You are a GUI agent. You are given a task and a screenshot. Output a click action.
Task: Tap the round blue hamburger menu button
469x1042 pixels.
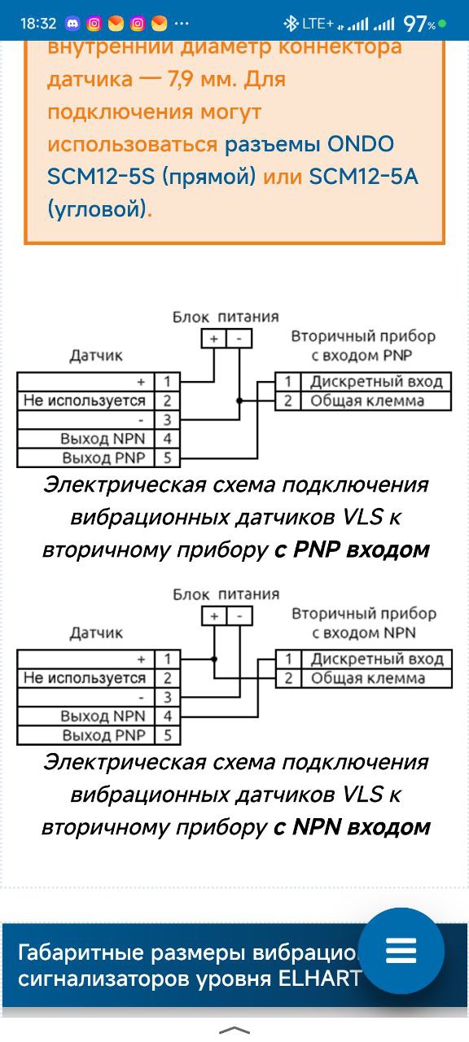tap(401, 951)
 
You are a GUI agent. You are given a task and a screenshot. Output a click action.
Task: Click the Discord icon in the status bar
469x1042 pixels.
tap(72, 24)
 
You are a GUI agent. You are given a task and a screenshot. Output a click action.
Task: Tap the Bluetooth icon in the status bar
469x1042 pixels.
tap(291, 24)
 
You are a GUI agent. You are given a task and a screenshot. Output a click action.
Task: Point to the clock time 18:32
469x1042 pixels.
tap(38, 24)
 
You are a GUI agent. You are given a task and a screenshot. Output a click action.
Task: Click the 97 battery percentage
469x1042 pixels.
tap(415, 24)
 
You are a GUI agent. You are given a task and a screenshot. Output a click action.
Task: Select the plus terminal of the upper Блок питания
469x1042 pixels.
tap(214, 339)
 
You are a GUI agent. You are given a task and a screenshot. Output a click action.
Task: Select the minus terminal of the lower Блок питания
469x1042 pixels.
tap(239, 616)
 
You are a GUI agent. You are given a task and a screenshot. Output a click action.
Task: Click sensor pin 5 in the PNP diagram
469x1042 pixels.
tap(168, 458)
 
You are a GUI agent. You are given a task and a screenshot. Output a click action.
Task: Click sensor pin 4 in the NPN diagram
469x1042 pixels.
tap(168, 716)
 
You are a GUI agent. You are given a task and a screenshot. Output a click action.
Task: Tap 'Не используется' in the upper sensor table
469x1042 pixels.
tap(85, 401)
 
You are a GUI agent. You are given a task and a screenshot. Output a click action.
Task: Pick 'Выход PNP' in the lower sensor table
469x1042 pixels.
tap(103, 735)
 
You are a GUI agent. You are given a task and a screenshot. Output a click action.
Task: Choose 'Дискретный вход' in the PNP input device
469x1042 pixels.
tap(376, 382)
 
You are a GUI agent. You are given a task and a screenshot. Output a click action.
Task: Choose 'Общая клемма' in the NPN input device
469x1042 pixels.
tap(367, 678)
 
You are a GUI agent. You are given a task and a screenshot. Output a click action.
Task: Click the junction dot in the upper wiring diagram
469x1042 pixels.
tap(239, 401)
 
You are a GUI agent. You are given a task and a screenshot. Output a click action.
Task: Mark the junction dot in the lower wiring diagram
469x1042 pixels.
tap(214, 659)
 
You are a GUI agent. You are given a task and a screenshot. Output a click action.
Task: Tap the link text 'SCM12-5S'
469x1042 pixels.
tap(101, 177)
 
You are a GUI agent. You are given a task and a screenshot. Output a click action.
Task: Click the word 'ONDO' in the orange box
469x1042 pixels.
tap(361, 144)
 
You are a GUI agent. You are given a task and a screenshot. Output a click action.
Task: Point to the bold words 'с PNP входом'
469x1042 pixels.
tap(352, 549)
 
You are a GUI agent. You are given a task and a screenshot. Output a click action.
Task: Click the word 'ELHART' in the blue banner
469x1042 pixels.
tap(319, 979)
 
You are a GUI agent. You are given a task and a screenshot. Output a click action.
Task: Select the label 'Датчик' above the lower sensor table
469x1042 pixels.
tap(96, 633)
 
